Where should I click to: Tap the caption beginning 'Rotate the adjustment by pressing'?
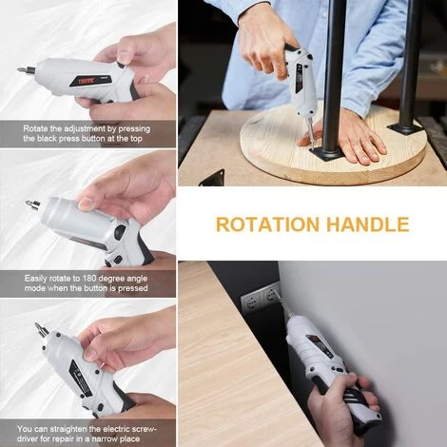pos(88,133)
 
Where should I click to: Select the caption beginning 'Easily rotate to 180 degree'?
pos(88,282)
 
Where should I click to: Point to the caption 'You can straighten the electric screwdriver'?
pos(88,433)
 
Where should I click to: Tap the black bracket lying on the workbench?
pos(212,177)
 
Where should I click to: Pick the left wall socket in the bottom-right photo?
pos(252,301)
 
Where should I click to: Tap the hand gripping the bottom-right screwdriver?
pos(343,409)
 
